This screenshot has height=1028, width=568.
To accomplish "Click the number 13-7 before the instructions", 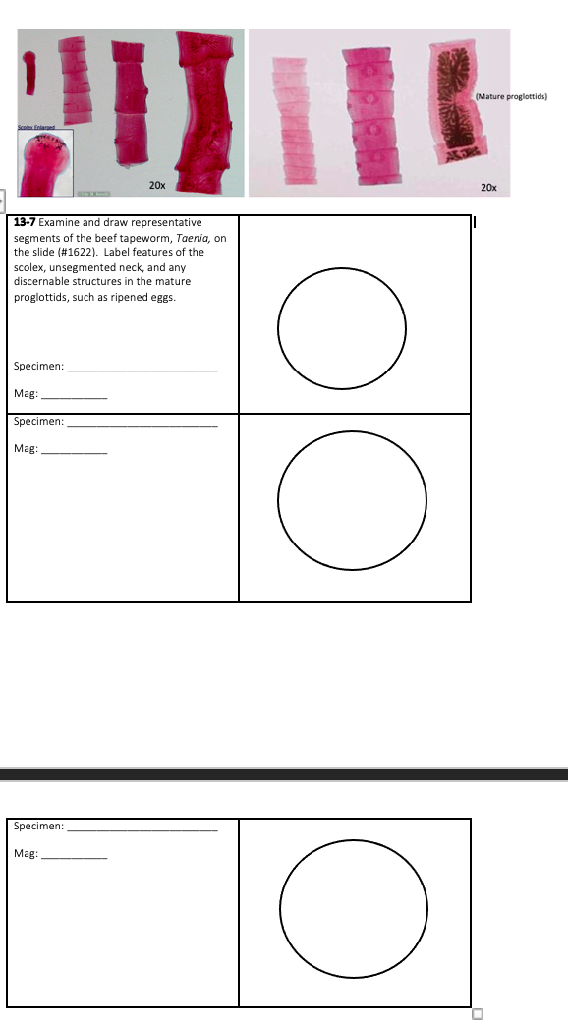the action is [x=25, y=223].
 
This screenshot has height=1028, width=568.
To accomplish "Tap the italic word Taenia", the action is [x=187, y=238].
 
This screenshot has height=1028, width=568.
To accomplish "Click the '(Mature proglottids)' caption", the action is [x=510, y=96].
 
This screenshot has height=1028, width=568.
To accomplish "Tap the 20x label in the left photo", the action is [x=156, y=185].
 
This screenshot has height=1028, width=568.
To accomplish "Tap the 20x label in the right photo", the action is [x=489, y=186].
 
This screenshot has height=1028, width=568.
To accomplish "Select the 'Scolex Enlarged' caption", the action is [x=33, y=129].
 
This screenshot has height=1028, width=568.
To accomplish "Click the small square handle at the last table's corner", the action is [x=479, y=1014].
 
